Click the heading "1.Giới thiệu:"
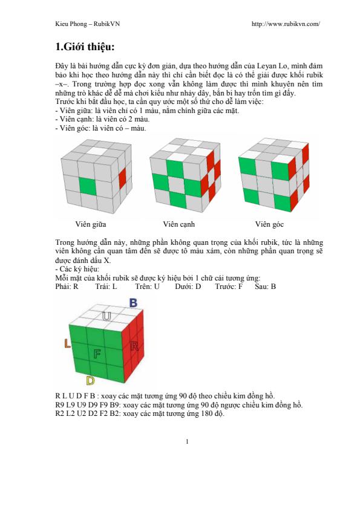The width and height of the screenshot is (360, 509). (85, 47)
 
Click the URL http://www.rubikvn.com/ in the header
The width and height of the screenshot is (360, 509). (286, 24)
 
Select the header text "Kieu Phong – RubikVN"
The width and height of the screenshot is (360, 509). (87, 24)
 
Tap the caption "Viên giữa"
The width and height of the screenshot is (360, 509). (91, 224)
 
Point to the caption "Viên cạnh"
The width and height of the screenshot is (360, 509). (178, 224)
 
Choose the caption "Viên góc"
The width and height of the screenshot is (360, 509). (269, 224)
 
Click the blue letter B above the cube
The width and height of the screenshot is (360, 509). (133, 303)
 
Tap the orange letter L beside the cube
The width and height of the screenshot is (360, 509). (67, 343)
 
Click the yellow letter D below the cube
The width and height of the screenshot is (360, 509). (90, 381)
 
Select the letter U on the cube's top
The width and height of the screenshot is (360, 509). (106, 316)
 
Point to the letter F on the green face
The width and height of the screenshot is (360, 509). (97, 354)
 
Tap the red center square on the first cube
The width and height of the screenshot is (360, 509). (122, 179)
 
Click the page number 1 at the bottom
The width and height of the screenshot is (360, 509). (187, 441)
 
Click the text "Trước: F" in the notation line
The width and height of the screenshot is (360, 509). (229, 287)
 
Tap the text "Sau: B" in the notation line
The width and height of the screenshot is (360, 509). (266, 287)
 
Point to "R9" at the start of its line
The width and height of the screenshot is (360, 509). (60, 405)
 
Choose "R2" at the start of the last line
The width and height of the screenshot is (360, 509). (60, 414)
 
